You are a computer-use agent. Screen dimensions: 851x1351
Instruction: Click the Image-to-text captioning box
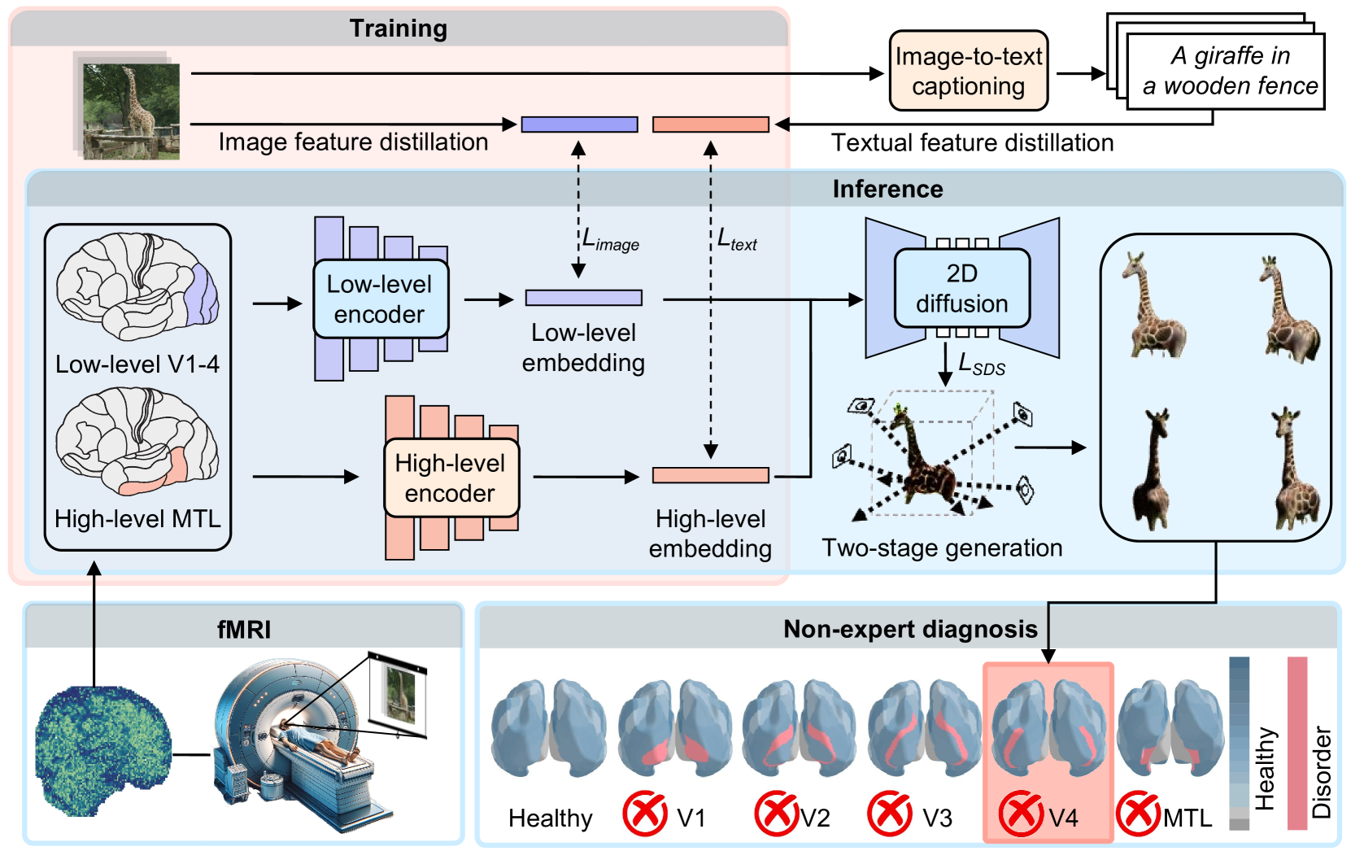click(968, 71)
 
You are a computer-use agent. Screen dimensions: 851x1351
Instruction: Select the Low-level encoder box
click(380, 299)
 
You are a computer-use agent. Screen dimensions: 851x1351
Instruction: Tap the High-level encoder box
click(451, 478)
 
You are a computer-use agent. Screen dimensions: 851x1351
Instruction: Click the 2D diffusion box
click(961, 288)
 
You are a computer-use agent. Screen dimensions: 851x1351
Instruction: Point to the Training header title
click(399, 28)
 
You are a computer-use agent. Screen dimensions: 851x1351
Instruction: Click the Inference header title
click(887, 189)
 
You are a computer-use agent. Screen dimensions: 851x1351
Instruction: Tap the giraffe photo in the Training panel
click(130, 110)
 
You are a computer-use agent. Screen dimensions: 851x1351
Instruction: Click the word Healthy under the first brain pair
click(551, 818)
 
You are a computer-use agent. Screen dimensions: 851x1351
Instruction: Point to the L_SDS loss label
click(982, 364)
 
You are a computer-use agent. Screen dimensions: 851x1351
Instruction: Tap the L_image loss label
click(611, 239)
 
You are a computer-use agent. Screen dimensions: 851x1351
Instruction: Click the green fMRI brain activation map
click(102, 749)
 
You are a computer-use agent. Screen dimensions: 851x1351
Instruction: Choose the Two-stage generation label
click(942, 548)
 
